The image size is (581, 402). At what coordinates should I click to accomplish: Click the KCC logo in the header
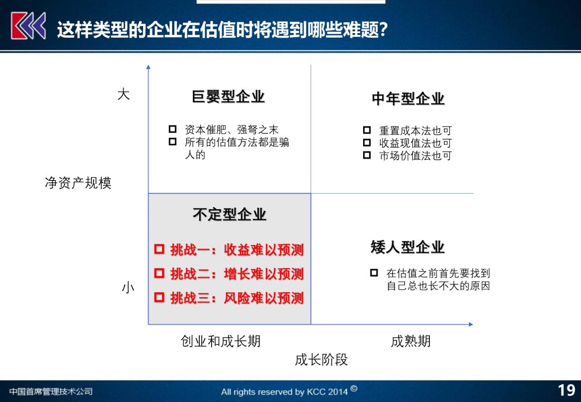pyautogui.click(x=28, y=26)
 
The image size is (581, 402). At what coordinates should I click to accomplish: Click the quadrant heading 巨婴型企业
pyautogui.click(x=228, y=97)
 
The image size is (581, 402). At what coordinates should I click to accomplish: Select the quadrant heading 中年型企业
pyautogui.click(x=408, y=98)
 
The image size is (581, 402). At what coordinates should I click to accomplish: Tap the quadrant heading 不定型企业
pyautogui.click(x=229, y=214)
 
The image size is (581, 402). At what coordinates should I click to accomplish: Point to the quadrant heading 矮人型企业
pyautogui.click(x=407, y=247)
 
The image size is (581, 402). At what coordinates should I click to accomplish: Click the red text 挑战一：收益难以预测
pyautogui.click(x=236, y=250)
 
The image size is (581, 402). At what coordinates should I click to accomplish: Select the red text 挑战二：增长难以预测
pyautogui.click(x=236, y=274)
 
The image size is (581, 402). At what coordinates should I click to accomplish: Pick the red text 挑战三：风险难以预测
pyautogui.click(x=236, y=298)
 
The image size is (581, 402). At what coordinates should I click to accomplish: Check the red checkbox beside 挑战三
pyautogui.click(x=159, y=297)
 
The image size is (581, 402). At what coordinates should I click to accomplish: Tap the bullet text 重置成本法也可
pyautogui.click(x=415, y=131)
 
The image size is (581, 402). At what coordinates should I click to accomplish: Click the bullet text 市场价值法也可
pyautogui.click(x=415, y=156)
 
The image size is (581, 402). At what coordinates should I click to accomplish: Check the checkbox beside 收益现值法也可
pyautogui.click(x=367, y=142)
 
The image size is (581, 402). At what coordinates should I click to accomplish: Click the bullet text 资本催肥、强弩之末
pyautogui.click(x=231, y=130)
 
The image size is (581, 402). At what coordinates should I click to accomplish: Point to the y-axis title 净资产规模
pyautogui.click(x=78, y=183)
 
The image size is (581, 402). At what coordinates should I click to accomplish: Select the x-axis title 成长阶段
pyautogui.click(x=321, y=359)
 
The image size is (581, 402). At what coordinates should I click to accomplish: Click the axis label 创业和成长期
pyautogui.click(x=221, y=341)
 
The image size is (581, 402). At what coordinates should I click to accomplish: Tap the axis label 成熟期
pyautogui.click(x=410, y=341)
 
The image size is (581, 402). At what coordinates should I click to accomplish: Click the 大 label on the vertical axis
pyautogui.click(x=123, y=94)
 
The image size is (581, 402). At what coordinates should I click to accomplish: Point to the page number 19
pyautogui.click(x=566, y=390)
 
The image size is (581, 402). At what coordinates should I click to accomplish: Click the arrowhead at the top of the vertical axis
pyautogui.click(x=148, y=67)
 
